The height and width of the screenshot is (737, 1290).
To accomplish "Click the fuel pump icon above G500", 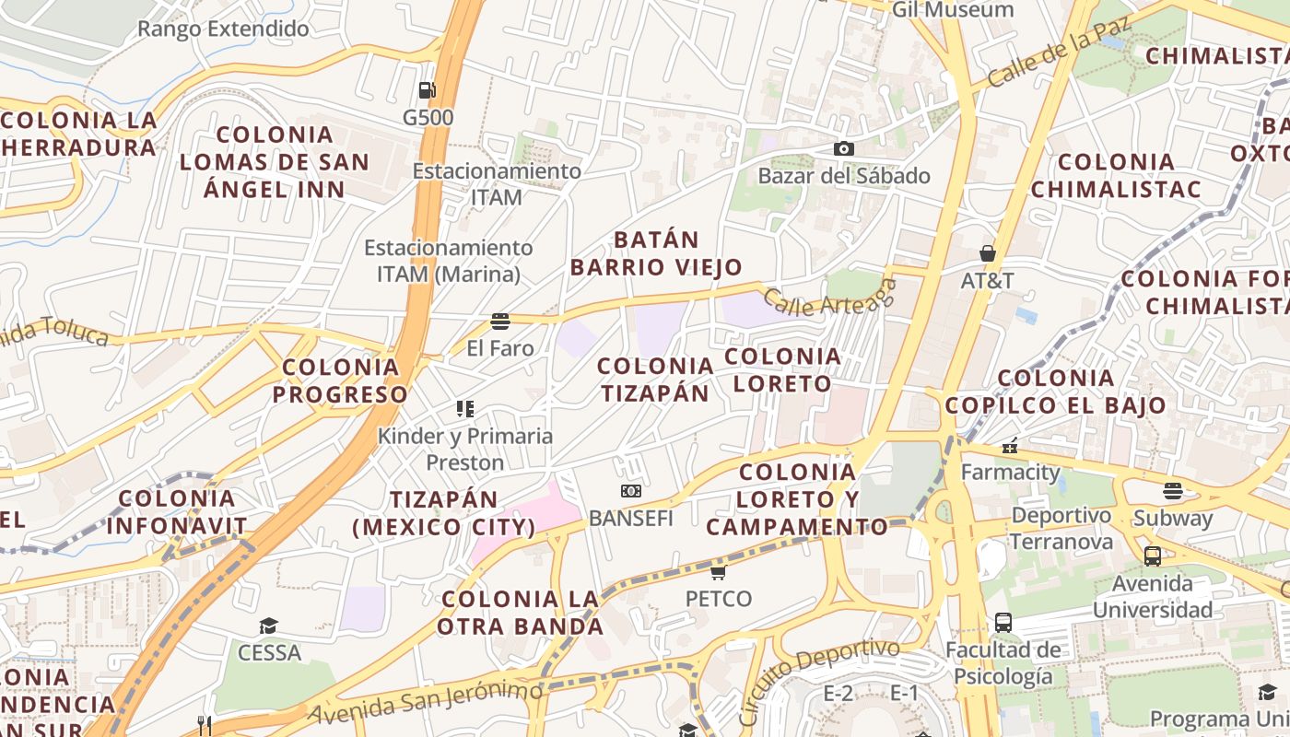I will pos(427,90).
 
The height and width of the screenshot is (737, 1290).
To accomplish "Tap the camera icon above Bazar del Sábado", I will pos(843,148).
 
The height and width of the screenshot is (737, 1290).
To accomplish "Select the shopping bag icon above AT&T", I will pos(988,253).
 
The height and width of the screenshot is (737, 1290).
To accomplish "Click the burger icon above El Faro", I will pos(500,322).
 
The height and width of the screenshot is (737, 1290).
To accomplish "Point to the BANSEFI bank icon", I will pos(631,491).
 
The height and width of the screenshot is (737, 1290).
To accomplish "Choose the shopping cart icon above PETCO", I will pos(719,572).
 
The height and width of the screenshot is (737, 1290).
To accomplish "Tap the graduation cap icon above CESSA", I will pos(268,626).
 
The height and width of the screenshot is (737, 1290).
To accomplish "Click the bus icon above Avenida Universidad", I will pos(1153,556).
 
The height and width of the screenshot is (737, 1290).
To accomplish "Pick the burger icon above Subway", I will pos(1172,491).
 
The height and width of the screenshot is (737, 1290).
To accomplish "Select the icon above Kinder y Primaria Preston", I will pos(465,409).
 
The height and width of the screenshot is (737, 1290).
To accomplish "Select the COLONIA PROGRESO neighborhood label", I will pos(341,380).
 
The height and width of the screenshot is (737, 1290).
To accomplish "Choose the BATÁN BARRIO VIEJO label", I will pos(656,253).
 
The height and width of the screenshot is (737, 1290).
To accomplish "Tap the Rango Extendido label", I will pos(223,29).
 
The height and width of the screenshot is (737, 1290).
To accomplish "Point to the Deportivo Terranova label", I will pos(1061,528).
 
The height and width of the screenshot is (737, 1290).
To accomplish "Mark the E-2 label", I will pos(838,694).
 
